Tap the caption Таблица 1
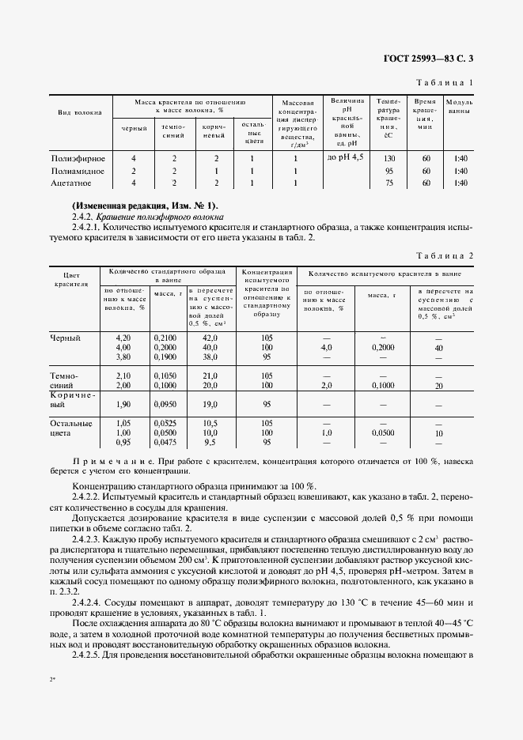(x=445, y=82)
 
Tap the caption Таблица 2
(x=445, y=256)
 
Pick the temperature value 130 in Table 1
(x=388, y=158)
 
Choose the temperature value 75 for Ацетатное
(x=388, y=183)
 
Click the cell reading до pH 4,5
(x=346, y=158)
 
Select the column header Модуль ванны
(x=460, y=108)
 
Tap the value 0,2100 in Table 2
(x=165, y=338)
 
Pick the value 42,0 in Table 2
(x=210, y=338)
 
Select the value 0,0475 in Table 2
(x=165, y=444)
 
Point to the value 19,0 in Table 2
(x=210, y=404)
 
